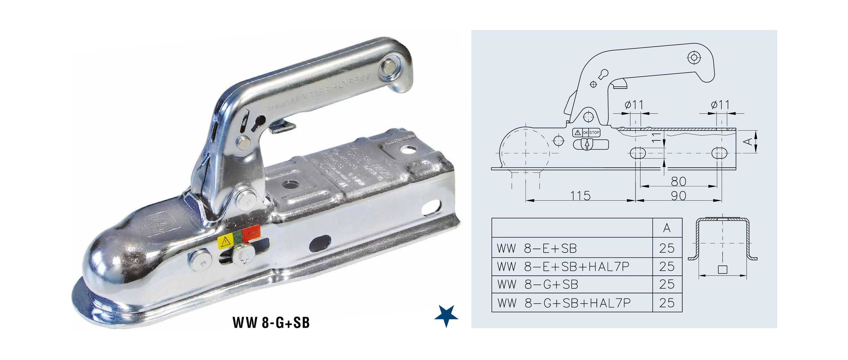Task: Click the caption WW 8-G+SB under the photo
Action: point(271,323)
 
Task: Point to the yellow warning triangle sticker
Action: point(225,241)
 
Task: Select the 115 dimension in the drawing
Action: point(580,195)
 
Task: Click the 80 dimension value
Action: point(678,181)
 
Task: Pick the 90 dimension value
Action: point(678,195)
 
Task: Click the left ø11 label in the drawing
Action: point(634,105)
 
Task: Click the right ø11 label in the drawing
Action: point(720,105)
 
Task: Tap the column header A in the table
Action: point(667,228)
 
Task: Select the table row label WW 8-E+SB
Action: point(537,248)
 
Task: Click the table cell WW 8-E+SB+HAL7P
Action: point(563,266)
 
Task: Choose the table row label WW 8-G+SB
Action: point(538,284)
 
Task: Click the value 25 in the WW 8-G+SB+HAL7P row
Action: point(667,303)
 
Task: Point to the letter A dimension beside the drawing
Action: point(748,141)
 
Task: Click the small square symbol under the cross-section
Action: point(723,269)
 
